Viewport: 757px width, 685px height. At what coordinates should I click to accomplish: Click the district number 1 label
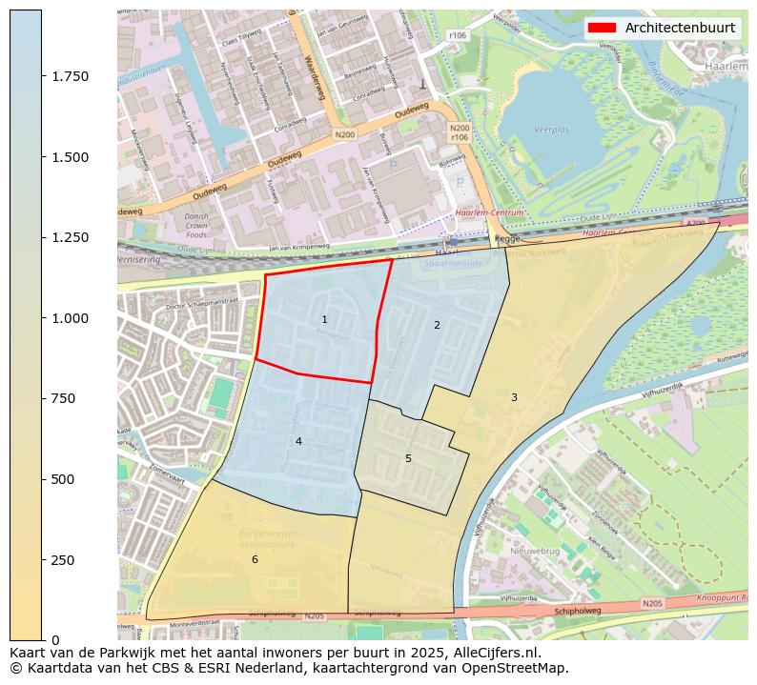[x=324, y=319]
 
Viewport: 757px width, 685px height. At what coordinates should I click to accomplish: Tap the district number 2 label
[x=437, y=325]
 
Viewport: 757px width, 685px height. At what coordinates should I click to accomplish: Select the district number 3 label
[x=514, y=397]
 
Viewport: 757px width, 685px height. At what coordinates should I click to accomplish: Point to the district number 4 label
[x=298, y=441]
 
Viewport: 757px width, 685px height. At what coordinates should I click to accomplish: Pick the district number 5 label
[x=408, y=458]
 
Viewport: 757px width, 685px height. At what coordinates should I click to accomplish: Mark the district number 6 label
[x=255, y=559]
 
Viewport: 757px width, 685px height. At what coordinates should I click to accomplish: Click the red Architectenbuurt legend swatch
[x=602, y=28]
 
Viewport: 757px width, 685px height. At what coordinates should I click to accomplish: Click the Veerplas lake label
[x=551, y=127]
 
